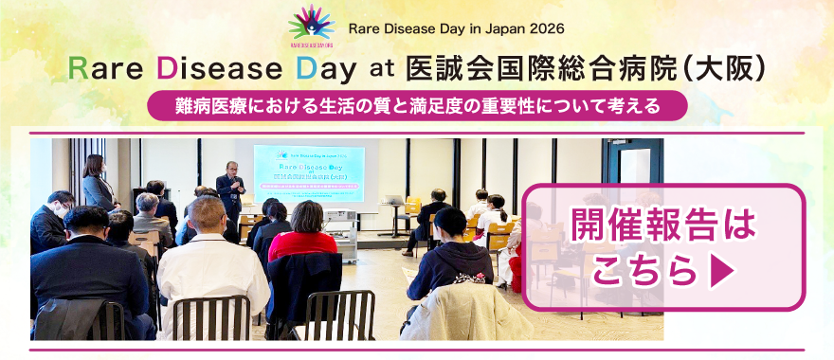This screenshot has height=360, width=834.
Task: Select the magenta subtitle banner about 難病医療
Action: tap(416, 105)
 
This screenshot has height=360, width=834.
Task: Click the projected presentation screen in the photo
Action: tap(309, 172)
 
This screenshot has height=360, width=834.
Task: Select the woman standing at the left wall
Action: tap(98, 184)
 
